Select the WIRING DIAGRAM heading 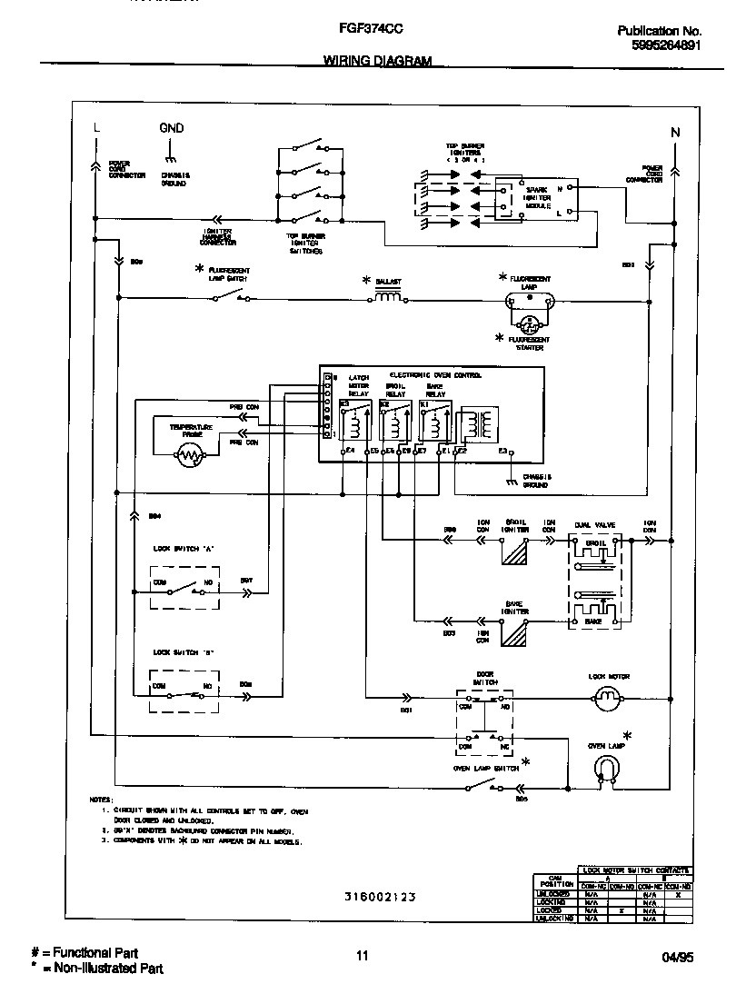coord(377,61)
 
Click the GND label coord(171,128)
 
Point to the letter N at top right coord(674,133)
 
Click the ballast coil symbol coord(389,296)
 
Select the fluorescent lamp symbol coord(527,299)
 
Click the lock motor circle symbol coord(605,698)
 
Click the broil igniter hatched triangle coord(515,553)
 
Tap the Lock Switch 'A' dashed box coord(184,592)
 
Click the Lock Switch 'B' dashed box coord(184,697)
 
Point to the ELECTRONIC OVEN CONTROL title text coord(435,375)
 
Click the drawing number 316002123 coord(379,897)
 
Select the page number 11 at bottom coord(362,955)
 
